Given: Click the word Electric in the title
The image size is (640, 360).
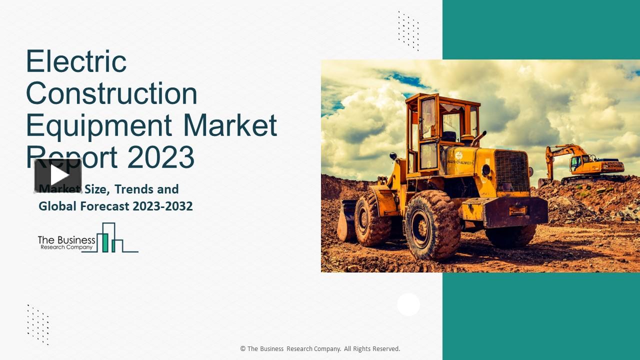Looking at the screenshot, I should coord(76,61).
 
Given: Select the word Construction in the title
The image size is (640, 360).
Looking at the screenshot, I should coord(111,93).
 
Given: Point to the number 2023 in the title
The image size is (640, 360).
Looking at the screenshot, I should coord(160,156).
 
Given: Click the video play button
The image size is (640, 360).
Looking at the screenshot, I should coord(58,175).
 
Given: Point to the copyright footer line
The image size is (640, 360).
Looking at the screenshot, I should coord(320,348).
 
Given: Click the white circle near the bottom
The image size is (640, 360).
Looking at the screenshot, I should coord(408,304).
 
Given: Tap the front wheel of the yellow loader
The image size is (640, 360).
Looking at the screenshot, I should coord(432,224).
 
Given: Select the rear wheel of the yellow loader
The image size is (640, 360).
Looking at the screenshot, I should coord(372,218).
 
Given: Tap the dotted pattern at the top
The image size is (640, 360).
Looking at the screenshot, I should coord(408,30).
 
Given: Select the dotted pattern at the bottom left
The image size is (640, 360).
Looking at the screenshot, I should coord(38,324).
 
